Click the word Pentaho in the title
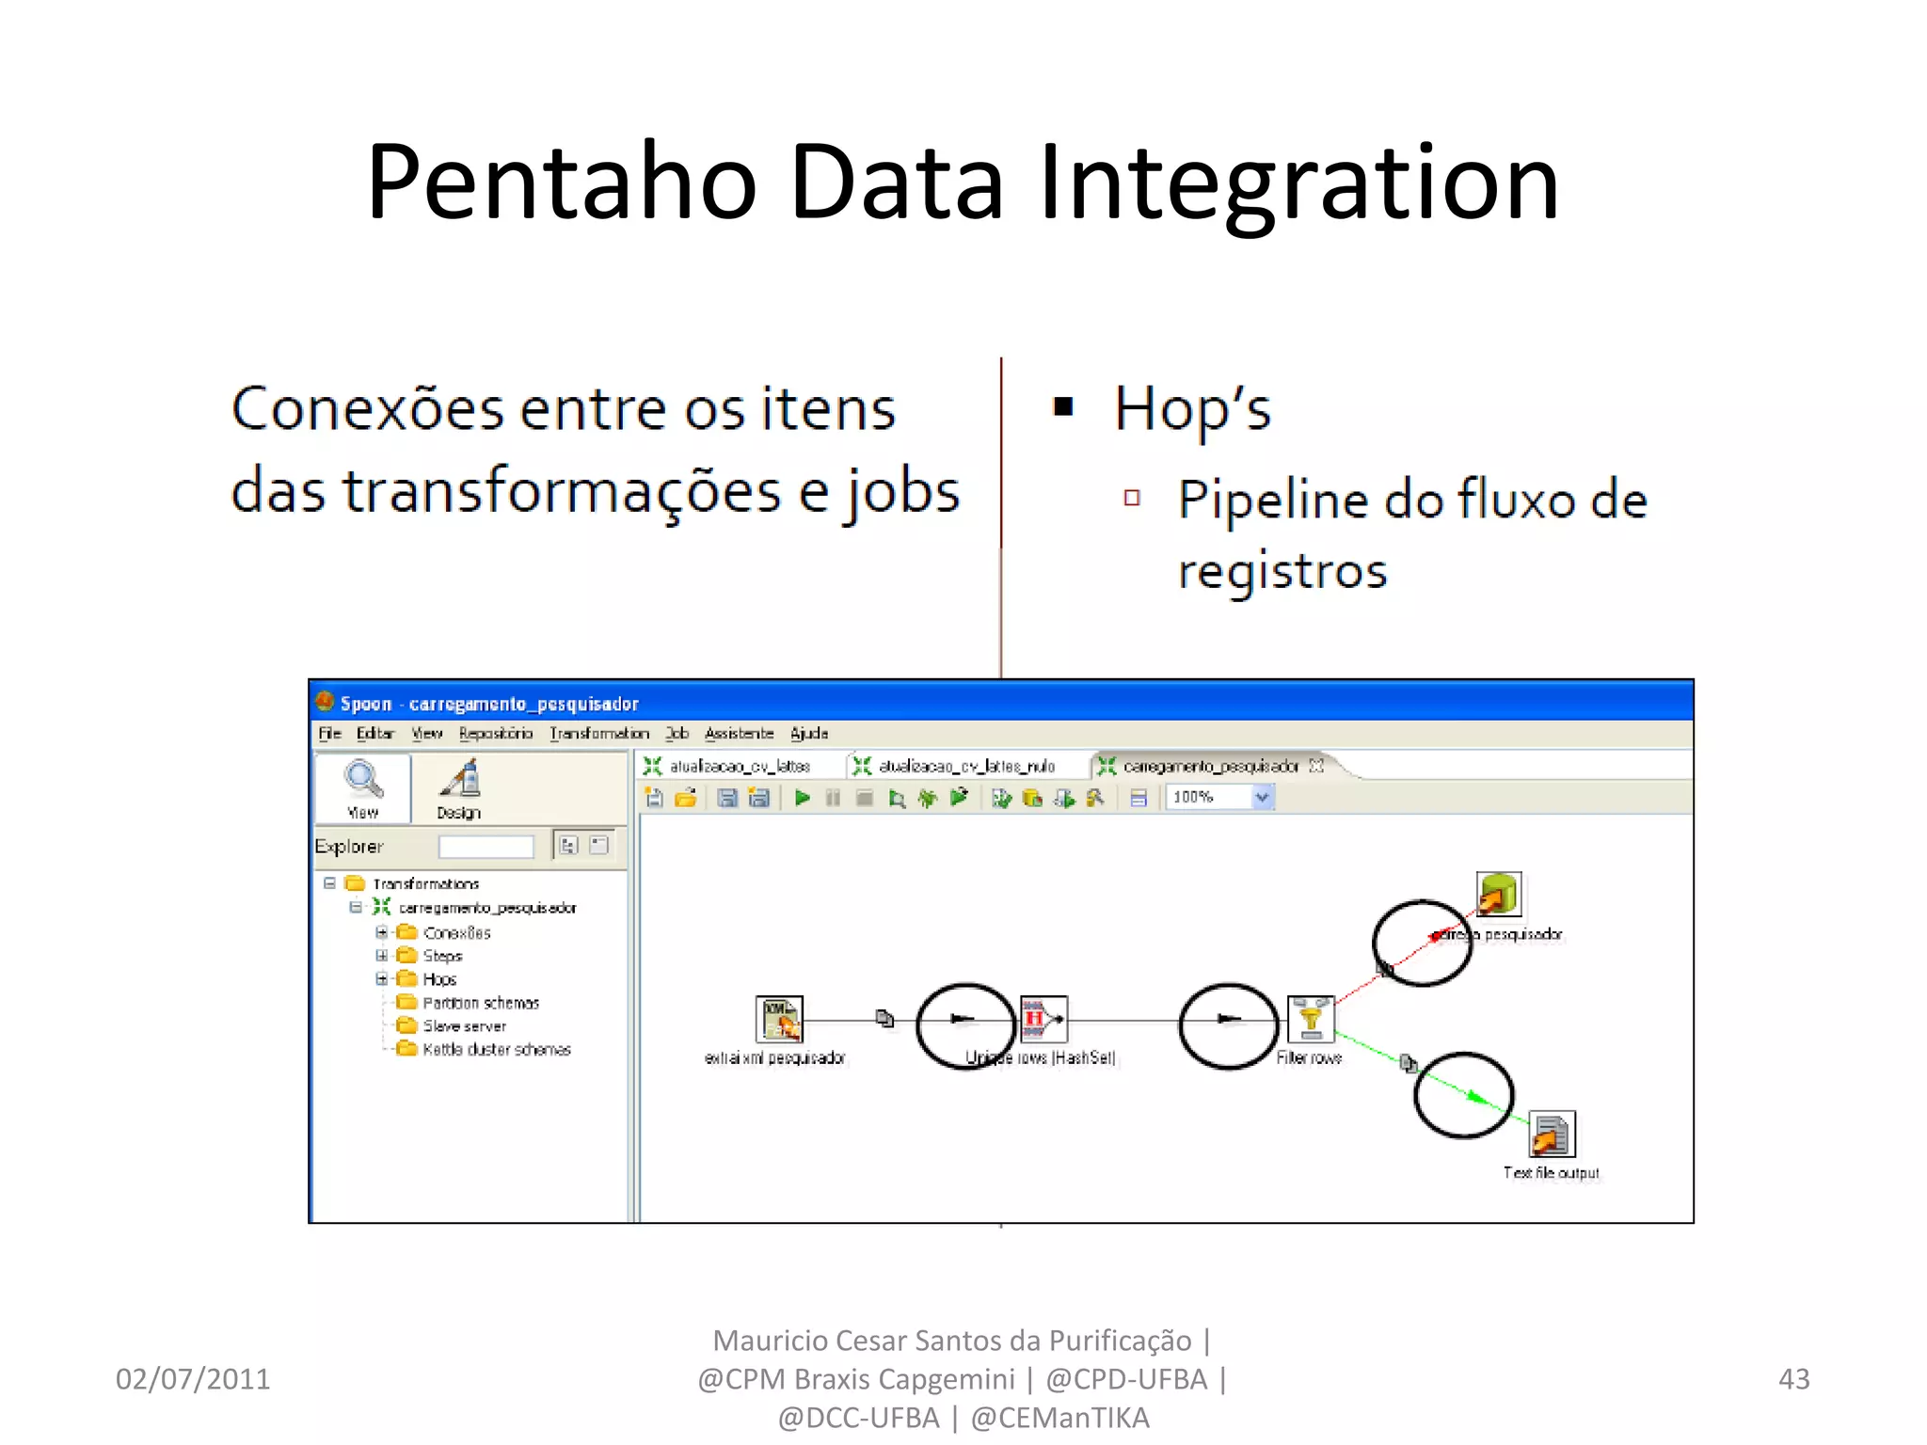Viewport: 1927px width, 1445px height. [x=562, y=183]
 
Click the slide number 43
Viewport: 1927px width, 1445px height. [x=1793, y=1378]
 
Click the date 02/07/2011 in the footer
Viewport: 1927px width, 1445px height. [x=193, y=1378]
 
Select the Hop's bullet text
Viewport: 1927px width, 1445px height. [x=1192, y=410]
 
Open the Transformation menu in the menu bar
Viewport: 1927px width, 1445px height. [x=599, y=733]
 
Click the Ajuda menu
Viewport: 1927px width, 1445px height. [x=808, y=733]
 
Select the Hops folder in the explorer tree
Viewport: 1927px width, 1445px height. [x=438, y=979]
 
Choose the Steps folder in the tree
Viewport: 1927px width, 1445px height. [x=441, y=956]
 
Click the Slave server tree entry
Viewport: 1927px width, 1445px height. [x=464, y=1026]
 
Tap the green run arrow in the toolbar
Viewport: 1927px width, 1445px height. [x=803, y=798]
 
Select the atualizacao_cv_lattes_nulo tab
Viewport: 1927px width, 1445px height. [x=965, y=767]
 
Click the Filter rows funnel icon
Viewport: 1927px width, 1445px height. [x=1311, y=1019]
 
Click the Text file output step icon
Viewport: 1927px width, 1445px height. [x=1551, y=1135]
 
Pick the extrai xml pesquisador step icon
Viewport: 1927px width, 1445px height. [x=779, y=1019]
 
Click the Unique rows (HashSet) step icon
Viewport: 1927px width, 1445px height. [x=1043, y=1019]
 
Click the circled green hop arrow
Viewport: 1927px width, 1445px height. [x=1475, y=1097]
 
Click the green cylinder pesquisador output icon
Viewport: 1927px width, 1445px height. [x=1498, y=894]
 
